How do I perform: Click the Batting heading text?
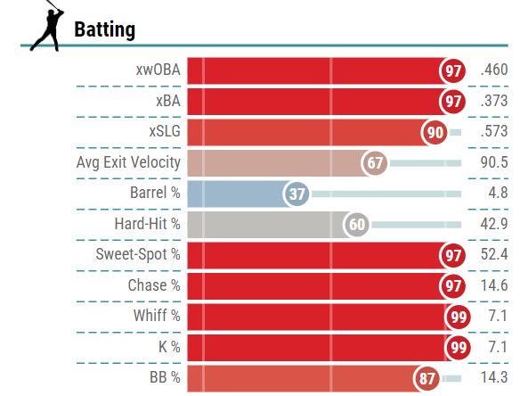point(104,29)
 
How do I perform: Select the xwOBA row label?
point(155,70)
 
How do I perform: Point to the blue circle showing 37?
point(296,194)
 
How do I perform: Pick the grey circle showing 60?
point(358,225)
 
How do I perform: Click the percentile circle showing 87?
point(428,378)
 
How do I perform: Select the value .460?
point(492,70)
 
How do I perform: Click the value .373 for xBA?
point(492,101)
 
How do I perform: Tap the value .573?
point(492,132)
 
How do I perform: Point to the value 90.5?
point(492,162)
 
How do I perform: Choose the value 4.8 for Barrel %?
point(497,194)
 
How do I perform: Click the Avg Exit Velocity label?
point(129,162)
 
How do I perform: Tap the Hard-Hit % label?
point(147,224)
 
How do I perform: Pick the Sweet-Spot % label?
point(138,255)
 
